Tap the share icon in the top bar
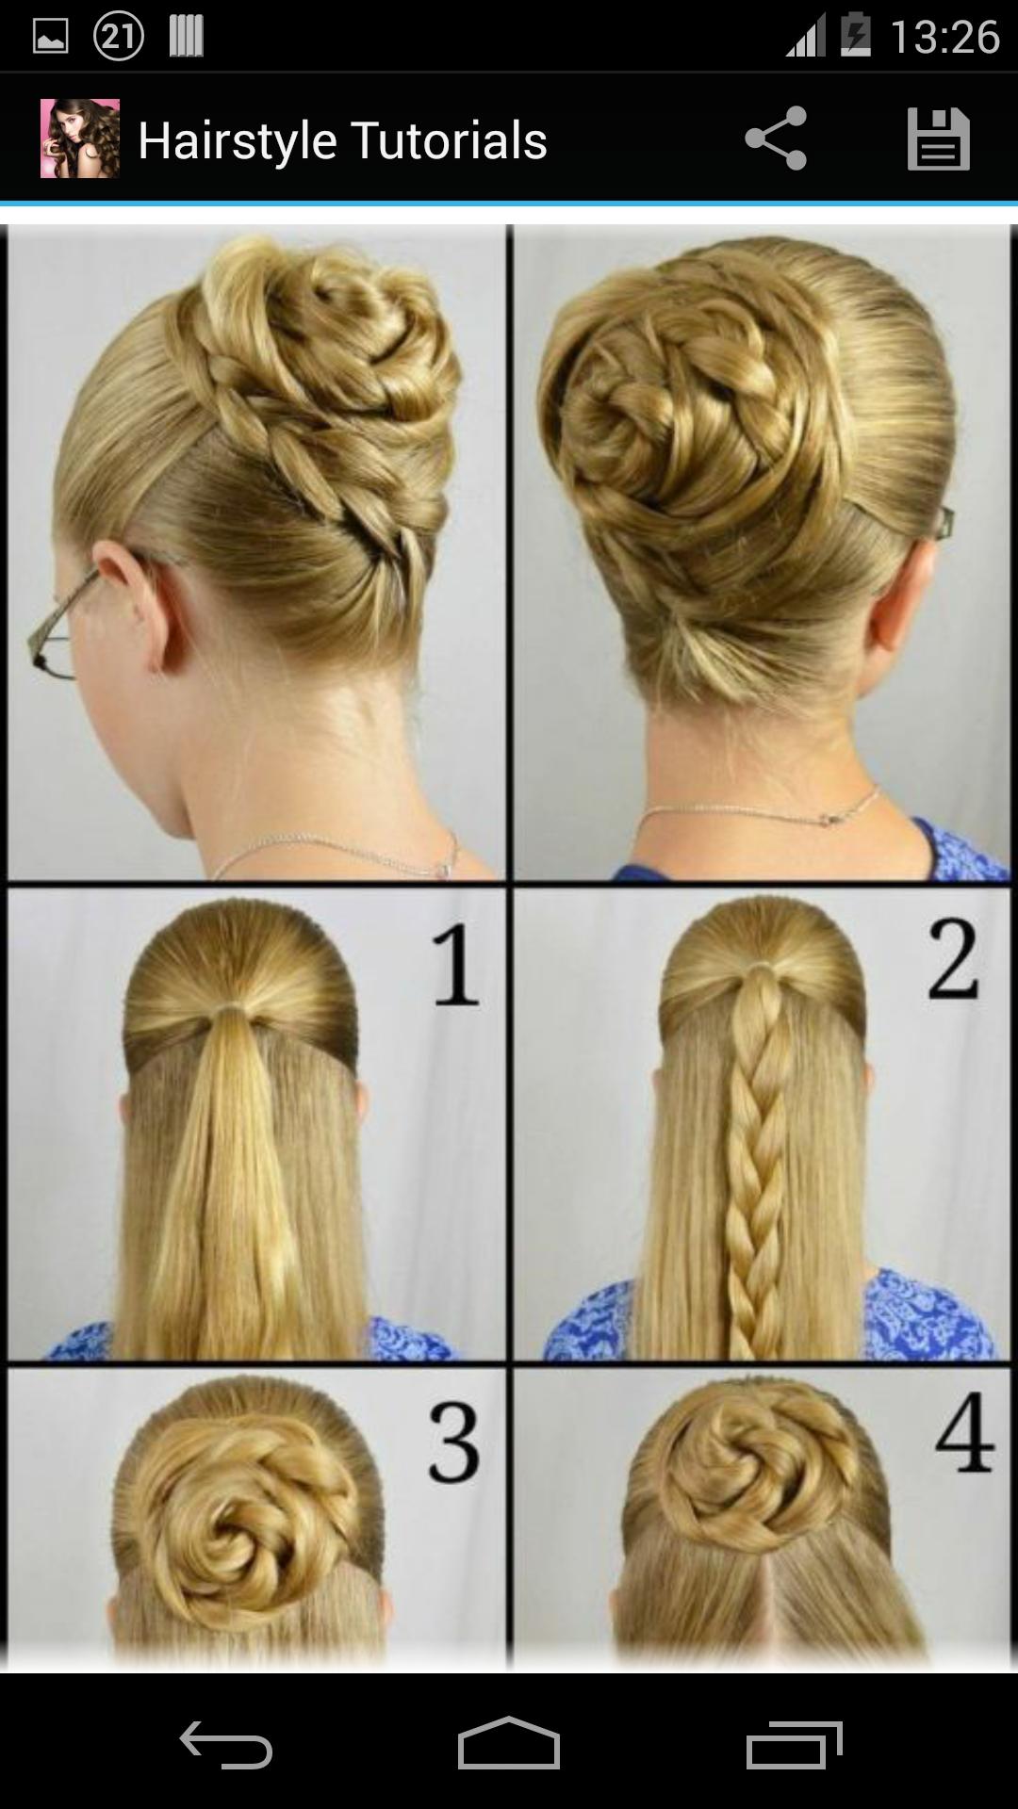[776, 139]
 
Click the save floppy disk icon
[938, 139]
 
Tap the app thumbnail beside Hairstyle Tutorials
[80, 139]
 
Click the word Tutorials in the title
[450, 141]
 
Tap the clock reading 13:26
[944, 38]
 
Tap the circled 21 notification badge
[119, 37]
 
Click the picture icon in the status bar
[50, 37]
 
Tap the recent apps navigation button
[794, 1744]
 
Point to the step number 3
[454, 1442]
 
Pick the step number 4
[964, 1433]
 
